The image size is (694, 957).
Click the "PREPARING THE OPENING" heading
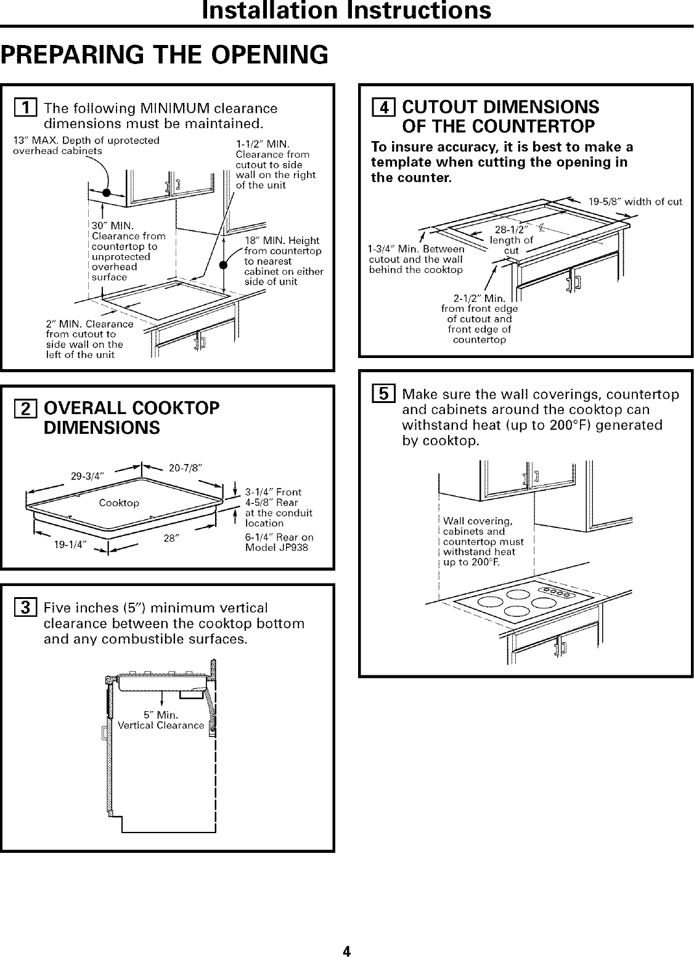163,55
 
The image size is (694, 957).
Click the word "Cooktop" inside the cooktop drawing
119,503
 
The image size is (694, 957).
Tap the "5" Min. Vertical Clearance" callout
161,720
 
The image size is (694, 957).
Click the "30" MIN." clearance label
112,226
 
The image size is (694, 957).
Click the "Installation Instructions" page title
347,10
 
